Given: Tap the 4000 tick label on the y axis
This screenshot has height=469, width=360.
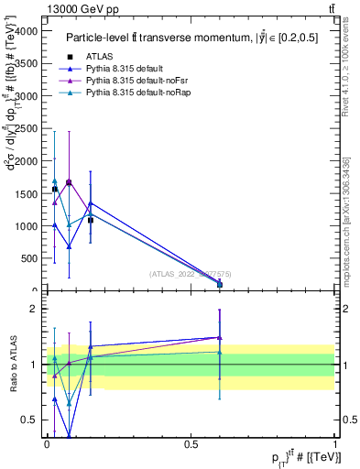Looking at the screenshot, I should click(x=28, y=30).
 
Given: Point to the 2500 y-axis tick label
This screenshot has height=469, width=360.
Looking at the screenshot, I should click(x=28, y=128).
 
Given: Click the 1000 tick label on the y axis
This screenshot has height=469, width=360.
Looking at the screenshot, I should click(x=28, y=226).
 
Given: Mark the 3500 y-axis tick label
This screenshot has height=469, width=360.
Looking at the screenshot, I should click(x=28, y=63).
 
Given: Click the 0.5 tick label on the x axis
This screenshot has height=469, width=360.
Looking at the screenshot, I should click(x=191, y=443).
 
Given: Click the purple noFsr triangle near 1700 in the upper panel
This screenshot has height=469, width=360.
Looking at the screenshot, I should click(x=69, y=182).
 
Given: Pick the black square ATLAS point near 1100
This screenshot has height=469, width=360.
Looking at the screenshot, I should click(x=90, y=220).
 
